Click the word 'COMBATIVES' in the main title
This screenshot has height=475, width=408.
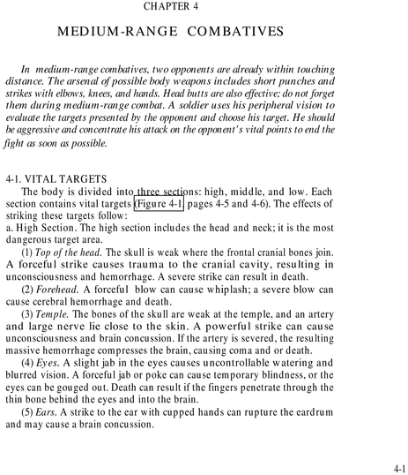pos(231,31)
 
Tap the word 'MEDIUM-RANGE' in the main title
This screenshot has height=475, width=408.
pos(114,31)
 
